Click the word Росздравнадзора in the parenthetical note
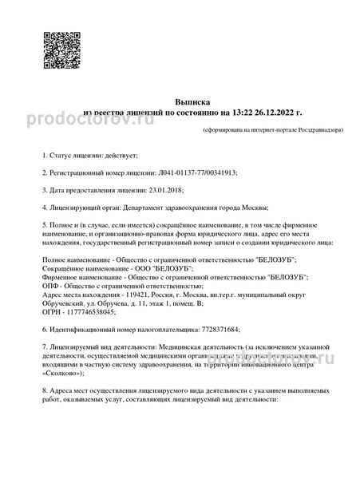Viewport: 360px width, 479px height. tap(304, 129)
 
